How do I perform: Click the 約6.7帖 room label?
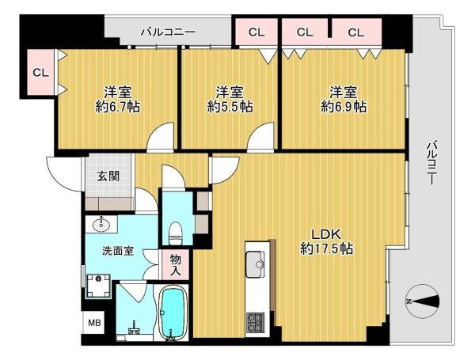118,100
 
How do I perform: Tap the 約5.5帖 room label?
230,100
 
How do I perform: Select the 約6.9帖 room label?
344,100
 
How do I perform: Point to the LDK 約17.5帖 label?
327,241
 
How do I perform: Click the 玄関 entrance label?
108,176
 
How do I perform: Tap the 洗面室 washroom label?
117,251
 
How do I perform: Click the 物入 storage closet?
176,264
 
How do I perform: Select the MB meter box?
94,323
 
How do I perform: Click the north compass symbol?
422,301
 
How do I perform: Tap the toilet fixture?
175,233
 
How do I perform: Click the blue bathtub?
171,313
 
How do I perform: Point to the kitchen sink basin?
255,264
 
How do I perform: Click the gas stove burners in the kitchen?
255,323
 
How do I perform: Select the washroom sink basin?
101,225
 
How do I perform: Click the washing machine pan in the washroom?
98,286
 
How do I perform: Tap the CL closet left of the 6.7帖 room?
40,72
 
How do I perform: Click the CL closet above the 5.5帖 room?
256,32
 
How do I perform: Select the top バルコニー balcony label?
169,32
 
